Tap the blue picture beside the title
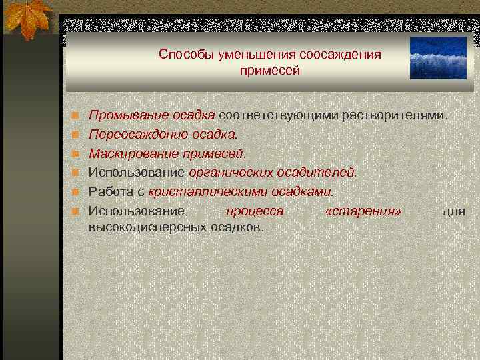coord(439,58)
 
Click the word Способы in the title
coord(182,54)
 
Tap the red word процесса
coord(254,211)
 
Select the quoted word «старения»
coord(363,211)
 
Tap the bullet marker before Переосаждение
coord(77,135)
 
